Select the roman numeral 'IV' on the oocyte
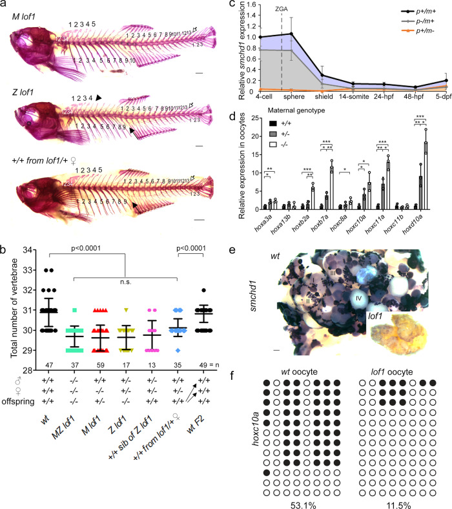pyautogui.click(x=358, y=298)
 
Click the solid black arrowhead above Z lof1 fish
pyautogui.click(x=99, y=96)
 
